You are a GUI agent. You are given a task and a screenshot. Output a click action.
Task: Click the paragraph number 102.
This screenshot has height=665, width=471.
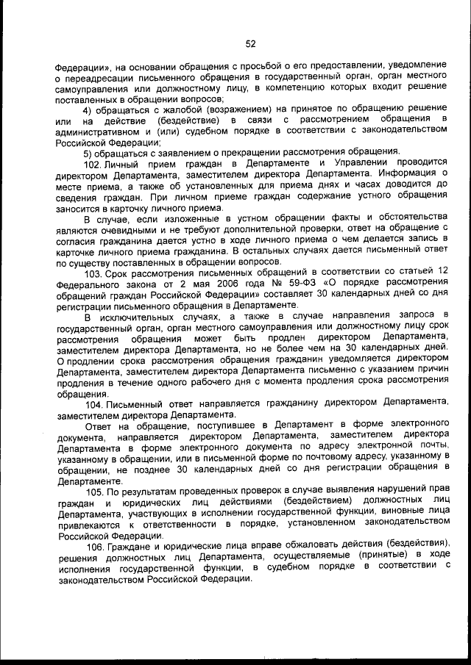point(93,163)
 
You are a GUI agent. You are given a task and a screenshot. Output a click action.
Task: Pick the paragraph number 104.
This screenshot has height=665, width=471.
point(93,401)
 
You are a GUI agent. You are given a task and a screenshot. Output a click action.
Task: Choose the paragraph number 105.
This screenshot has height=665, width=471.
point(93,490)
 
